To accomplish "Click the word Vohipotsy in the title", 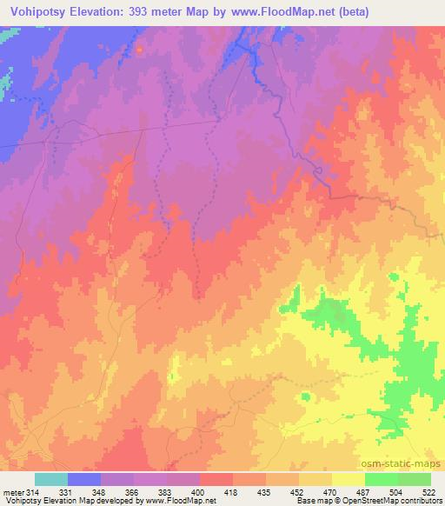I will [x=41, y=12].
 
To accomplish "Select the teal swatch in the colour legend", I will [x=51, y=479].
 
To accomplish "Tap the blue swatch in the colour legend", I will [x=84, y=479].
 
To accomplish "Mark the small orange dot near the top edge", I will [x=139, y=49].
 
